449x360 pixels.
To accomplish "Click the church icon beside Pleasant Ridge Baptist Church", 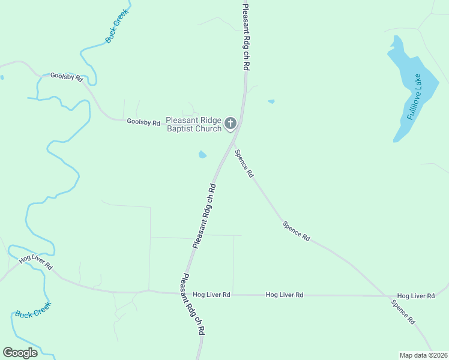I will (230, 124).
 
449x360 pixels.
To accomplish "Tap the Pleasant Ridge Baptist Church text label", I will (193, 124).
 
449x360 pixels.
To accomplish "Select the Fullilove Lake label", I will (414, 97).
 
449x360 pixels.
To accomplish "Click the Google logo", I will (20, 352).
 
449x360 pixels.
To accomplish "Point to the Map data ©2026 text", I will (423, 355).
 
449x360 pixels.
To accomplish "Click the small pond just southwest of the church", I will (202, 155).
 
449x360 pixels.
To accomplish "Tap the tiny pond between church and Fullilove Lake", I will (271, 101).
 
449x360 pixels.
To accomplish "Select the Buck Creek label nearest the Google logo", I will (34, 309).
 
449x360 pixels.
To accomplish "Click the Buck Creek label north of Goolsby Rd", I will (118, 29).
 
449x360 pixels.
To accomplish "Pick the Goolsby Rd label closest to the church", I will (143, 122).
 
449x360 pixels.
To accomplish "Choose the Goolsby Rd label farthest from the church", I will (66, 77).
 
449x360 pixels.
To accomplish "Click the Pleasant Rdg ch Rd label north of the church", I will (245, 37).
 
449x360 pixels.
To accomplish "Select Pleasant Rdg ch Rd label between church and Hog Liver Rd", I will (204, 216).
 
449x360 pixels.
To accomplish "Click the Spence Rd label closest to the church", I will (244, 164).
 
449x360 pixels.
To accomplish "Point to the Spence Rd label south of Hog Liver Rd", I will (403, 312).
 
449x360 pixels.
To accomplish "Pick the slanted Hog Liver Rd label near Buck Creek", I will (36, 262).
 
